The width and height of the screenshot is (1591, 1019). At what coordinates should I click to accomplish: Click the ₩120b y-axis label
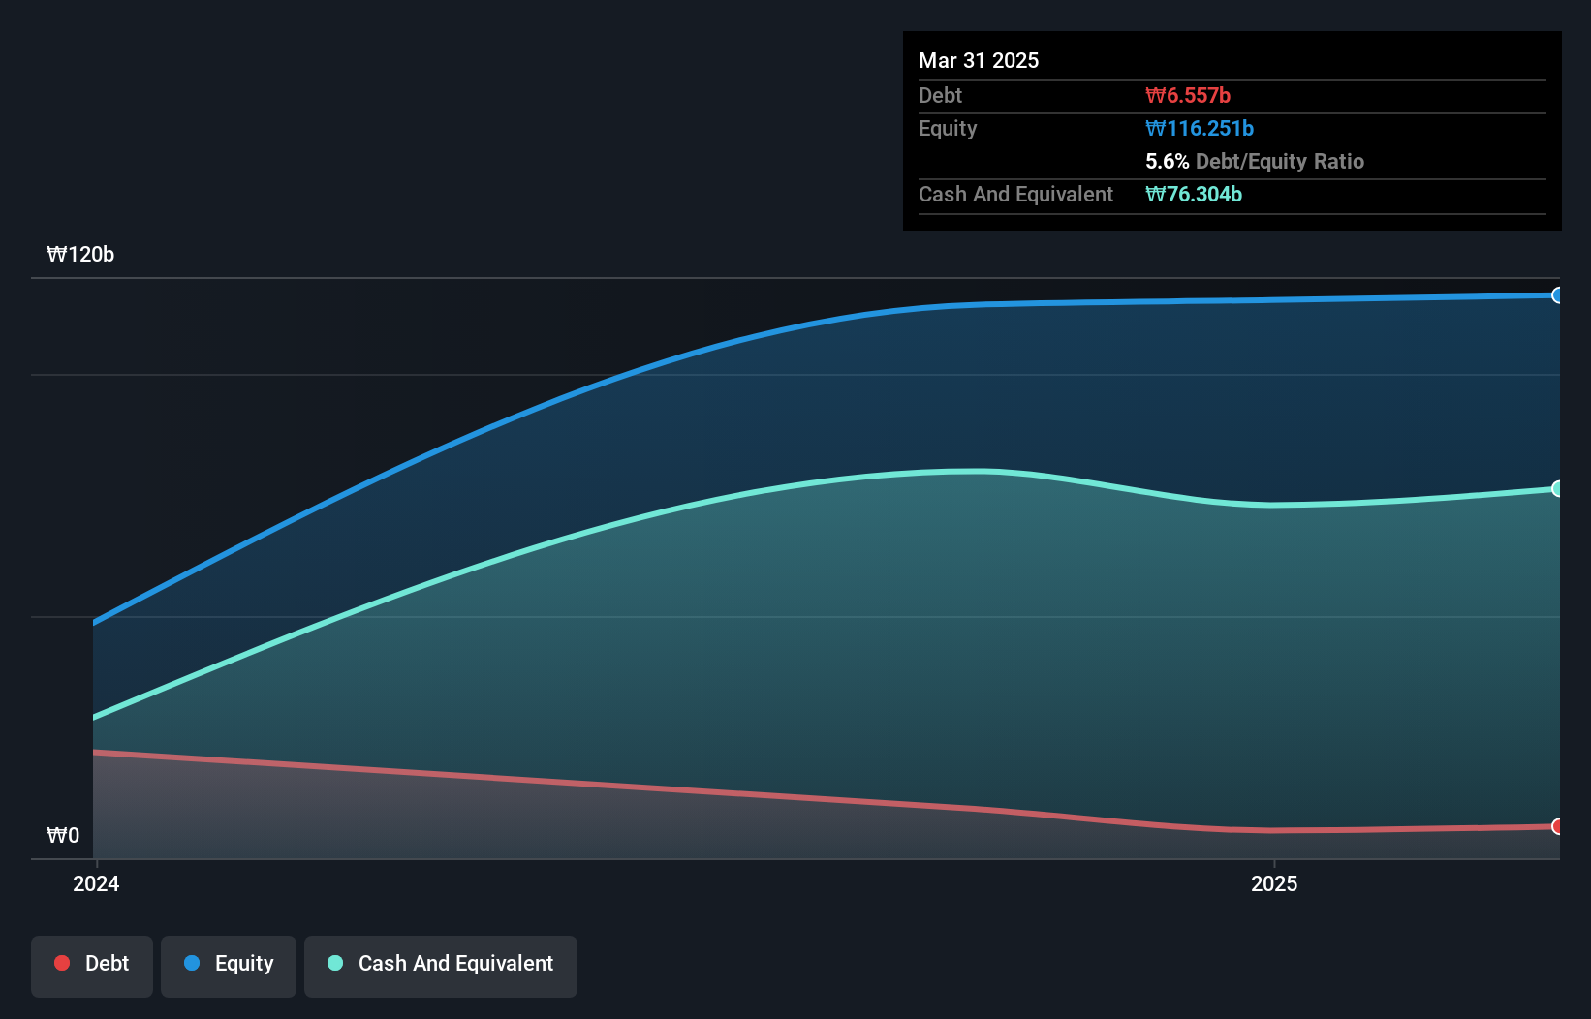(x=80, y=255)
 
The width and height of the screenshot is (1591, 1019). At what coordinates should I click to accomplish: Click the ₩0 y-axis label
(x=63, y=836)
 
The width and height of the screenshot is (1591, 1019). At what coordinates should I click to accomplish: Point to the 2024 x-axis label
(x=96, y=883)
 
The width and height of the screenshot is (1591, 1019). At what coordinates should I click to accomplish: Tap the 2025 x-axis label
(x=1273, y=883)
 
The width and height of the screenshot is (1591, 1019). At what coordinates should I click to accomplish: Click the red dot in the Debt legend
(x=62, y=963)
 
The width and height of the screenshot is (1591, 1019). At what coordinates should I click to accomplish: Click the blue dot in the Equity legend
(x=192, y=963)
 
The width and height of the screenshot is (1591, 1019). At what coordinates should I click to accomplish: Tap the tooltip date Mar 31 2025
(x=979, y=60)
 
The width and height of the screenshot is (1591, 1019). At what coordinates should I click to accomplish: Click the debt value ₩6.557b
(x=1188, y=95)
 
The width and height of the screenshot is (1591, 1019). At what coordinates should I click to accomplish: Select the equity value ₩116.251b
(x=1200, y=128)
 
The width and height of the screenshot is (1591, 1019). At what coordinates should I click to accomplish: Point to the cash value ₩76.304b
(x=1194, y=194)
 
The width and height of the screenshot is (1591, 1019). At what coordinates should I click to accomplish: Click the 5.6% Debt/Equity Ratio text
(x=1254, y=161)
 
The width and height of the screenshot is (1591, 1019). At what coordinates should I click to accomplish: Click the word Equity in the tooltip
(x=948, y=128)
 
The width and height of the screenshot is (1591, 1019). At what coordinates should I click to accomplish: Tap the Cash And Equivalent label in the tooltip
(x=1015, y=194)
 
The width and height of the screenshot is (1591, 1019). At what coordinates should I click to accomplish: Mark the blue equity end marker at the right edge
(x=1557, y=295)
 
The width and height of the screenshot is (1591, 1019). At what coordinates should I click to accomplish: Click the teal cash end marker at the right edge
(x=1557, y=489)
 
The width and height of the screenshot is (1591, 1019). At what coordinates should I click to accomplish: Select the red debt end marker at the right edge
(x=1557, y=826)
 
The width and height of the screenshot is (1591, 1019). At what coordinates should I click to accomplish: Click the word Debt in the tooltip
(x=940, y=95)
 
